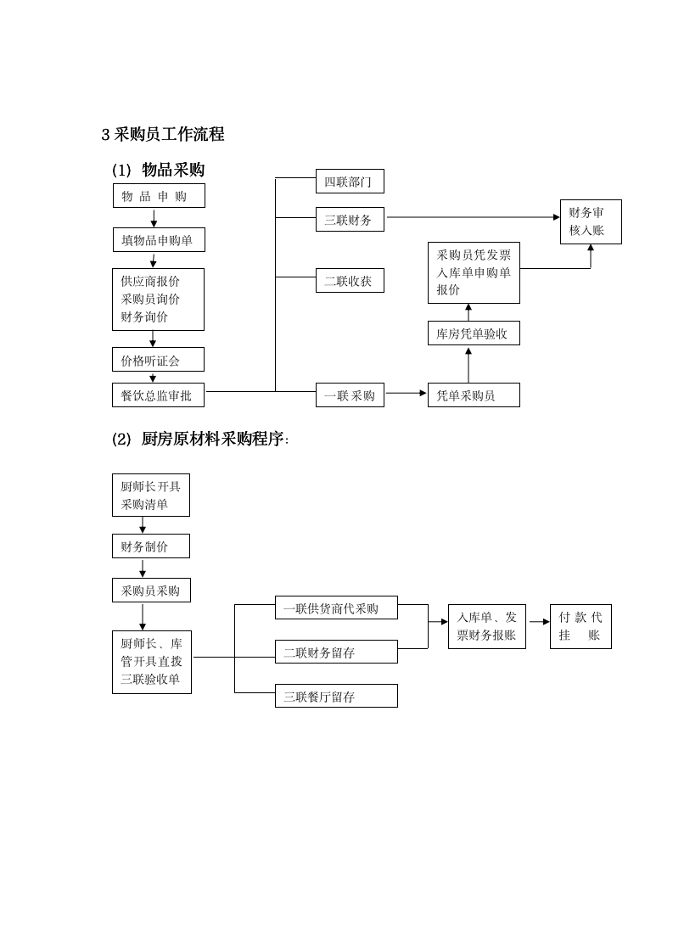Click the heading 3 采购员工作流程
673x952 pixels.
(x=163, y=134)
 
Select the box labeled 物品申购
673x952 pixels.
(x=159, y=196)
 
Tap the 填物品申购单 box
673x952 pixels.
(x=159, y=240)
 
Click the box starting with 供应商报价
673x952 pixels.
(x=159, y=300)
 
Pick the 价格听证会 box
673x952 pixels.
(x=159, y=360)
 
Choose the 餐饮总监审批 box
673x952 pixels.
(x=159, y=395)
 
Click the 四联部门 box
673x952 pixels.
(x=350, y=181)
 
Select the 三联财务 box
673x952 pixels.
(x=350, y=220)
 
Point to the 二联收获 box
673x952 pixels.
(x=350, y=281)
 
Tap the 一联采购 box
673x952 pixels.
(x=350, y=395)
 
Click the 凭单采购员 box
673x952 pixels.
(x=474, y=395)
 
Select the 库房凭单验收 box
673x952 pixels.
(x=474, y=333)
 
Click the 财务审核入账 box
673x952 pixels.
(x=591, y=221)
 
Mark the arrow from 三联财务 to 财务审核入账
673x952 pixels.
(x=472, y=217)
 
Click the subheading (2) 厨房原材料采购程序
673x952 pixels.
(x=200, y=439)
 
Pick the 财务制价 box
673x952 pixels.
(x=151, y=546)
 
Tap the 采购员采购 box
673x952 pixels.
(x=151, y=591)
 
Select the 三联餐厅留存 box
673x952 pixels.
(x=336, y=696)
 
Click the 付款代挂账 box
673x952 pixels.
(x=580, y=626)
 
